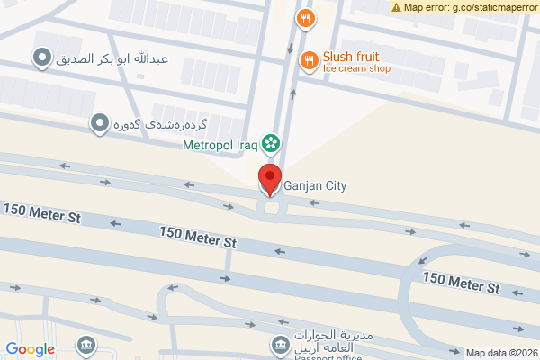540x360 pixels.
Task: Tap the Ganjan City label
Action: [315, 186]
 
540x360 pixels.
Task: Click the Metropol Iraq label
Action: [220, 144]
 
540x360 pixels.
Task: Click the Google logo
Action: [30, 349]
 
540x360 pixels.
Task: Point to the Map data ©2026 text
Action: [500, 353]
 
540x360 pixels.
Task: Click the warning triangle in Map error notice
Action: [397, 7]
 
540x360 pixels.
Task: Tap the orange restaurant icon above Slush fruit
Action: [306, 17]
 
